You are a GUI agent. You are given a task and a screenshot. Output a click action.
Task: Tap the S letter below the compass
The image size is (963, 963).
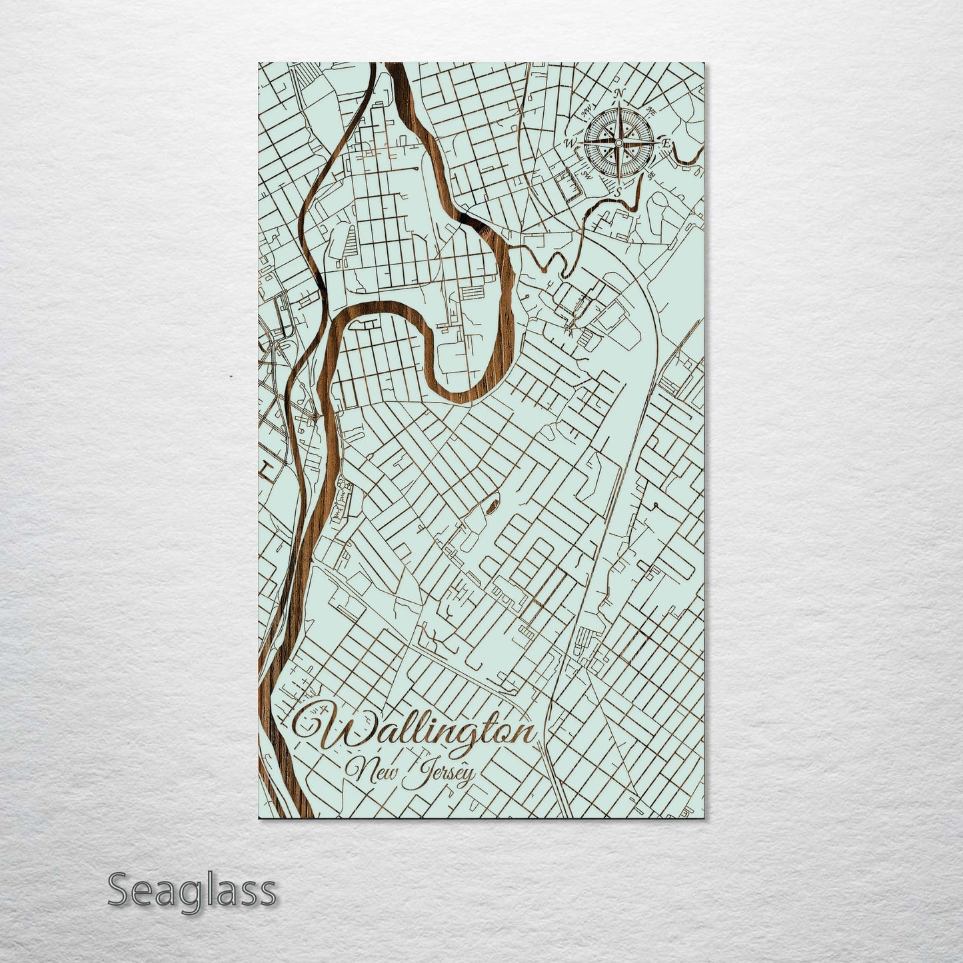point(618,192)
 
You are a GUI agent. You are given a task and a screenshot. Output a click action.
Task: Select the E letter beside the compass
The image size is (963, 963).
point(665,142)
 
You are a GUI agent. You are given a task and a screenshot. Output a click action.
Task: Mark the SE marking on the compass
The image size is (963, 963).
point(651,174)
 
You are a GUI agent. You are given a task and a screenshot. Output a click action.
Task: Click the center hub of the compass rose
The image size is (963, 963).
point(618,143)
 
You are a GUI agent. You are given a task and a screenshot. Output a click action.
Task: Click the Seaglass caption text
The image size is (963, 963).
point(191,891)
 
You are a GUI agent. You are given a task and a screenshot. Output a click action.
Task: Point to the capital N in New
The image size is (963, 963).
point(360,772)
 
